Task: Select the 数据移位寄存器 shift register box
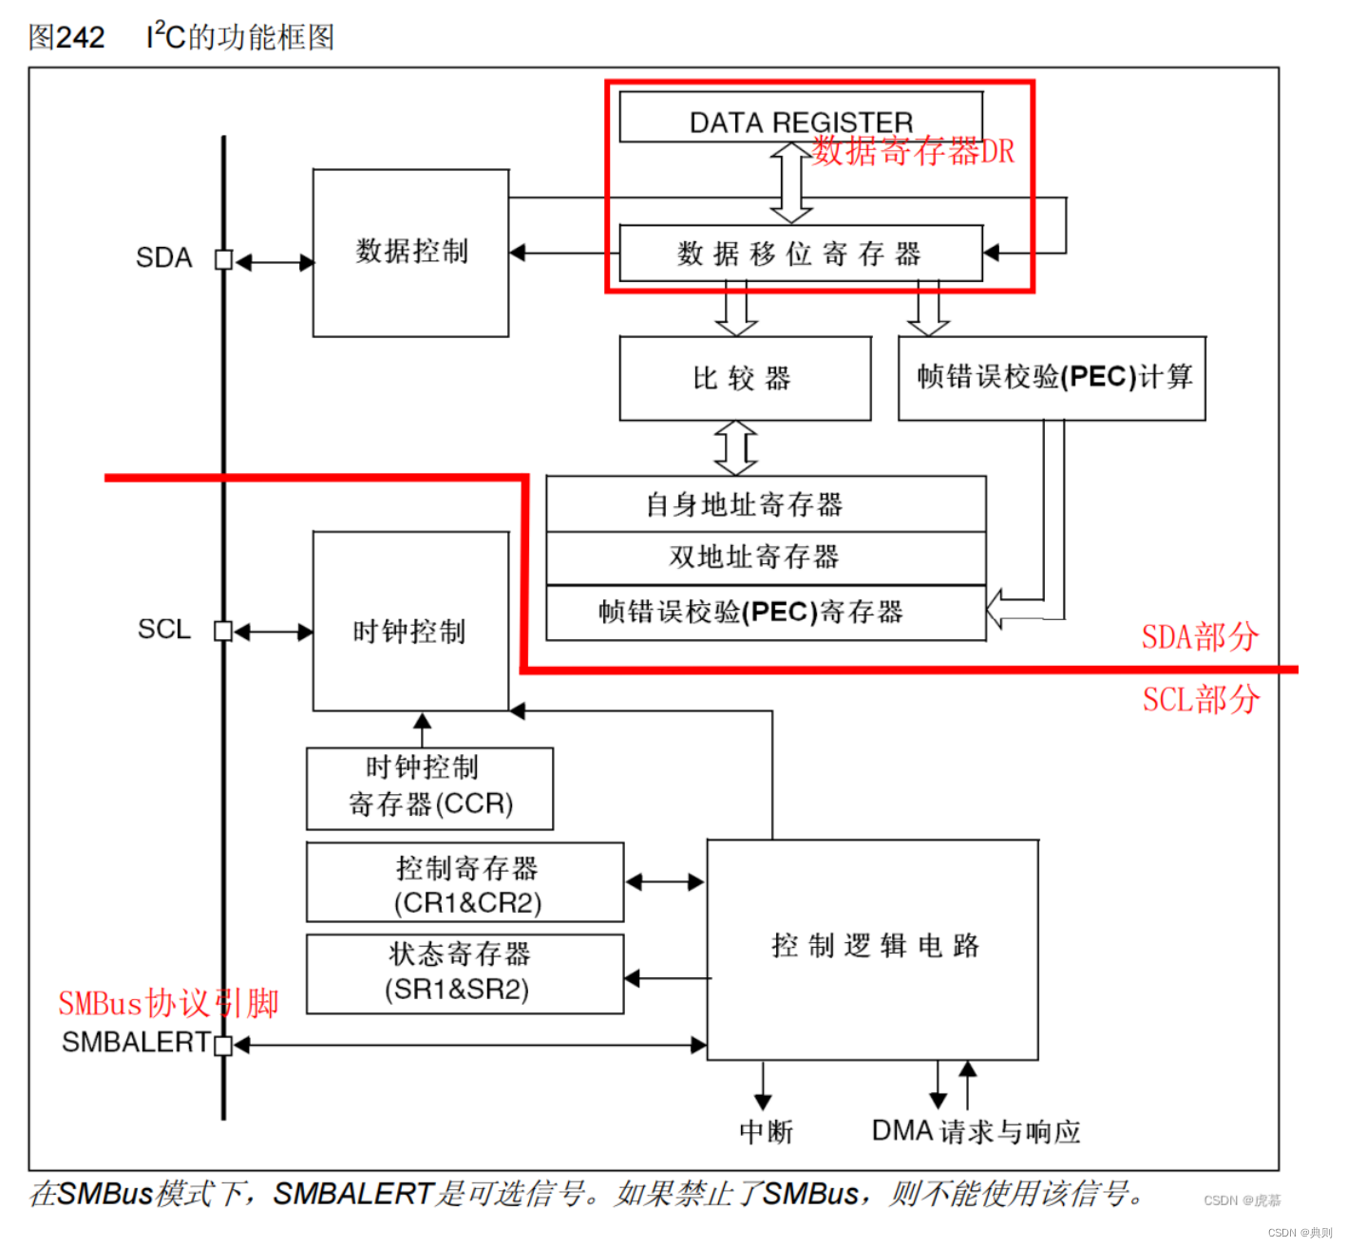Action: coord(800,254)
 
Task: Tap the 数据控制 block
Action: coord(410,253)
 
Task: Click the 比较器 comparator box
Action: coord(744,378)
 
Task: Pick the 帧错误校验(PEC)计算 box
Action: coord(1052,378)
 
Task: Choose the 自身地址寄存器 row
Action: coord(765,504)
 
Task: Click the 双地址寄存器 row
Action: coord(765,557)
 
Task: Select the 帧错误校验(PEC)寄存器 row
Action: coord(765,613)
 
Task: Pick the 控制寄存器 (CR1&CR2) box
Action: coord(465,882)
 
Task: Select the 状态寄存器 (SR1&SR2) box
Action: coord(465,973)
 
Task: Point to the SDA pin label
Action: coord(163,258)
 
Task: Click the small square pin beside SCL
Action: coord(223,631)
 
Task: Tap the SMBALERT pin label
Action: coord(136,1043)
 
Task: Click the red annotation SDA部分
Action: coord(1200,637)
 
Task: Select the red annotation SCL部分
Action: coord(1200,700)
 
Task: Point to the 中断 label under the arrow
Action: coord(766,1132)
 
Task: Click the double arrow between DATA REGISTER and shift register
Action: coord(790,183)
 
